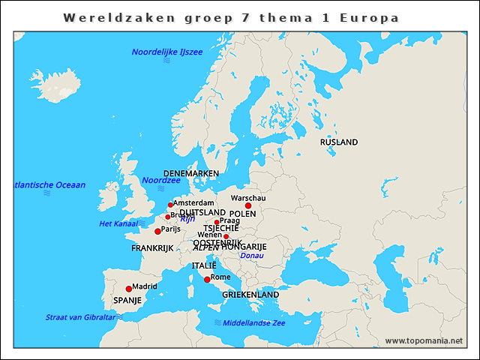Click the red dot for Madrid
[128, 289]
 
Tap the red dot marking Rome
[207, 280]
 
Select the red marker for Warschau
[248, 205]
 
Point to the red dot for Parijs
[157, 231]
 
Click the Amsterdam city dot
[170, 205]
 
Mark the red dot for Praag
[217, 222]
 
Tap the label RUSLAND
[339, 142]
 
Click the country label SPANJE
[127, 300]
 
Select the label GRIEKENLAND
[250, 295]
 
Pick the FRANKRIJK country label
[152, 247]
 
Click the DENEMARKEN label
[191, 173]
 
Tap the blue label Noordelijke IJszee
[166, 52]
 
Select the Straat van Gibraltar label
[80, 316]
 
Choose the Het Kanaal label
[118, 223]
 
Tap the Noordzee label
[161, 180]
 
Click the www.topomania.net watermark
[424, 340]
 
